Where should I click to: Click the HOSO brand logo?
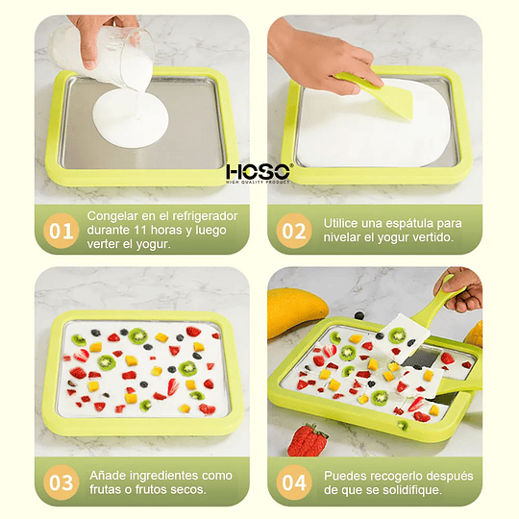tap(259, 172)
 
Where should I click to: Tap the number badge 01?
tap(61, 231)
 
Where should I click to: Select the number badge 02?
tap(292, 231)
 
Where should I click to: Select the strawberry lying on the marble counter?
tap(308, 440)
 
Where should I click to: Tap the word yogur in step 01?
tap(151, 245)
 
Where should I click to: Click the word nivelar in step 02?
tap(343, 237)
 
